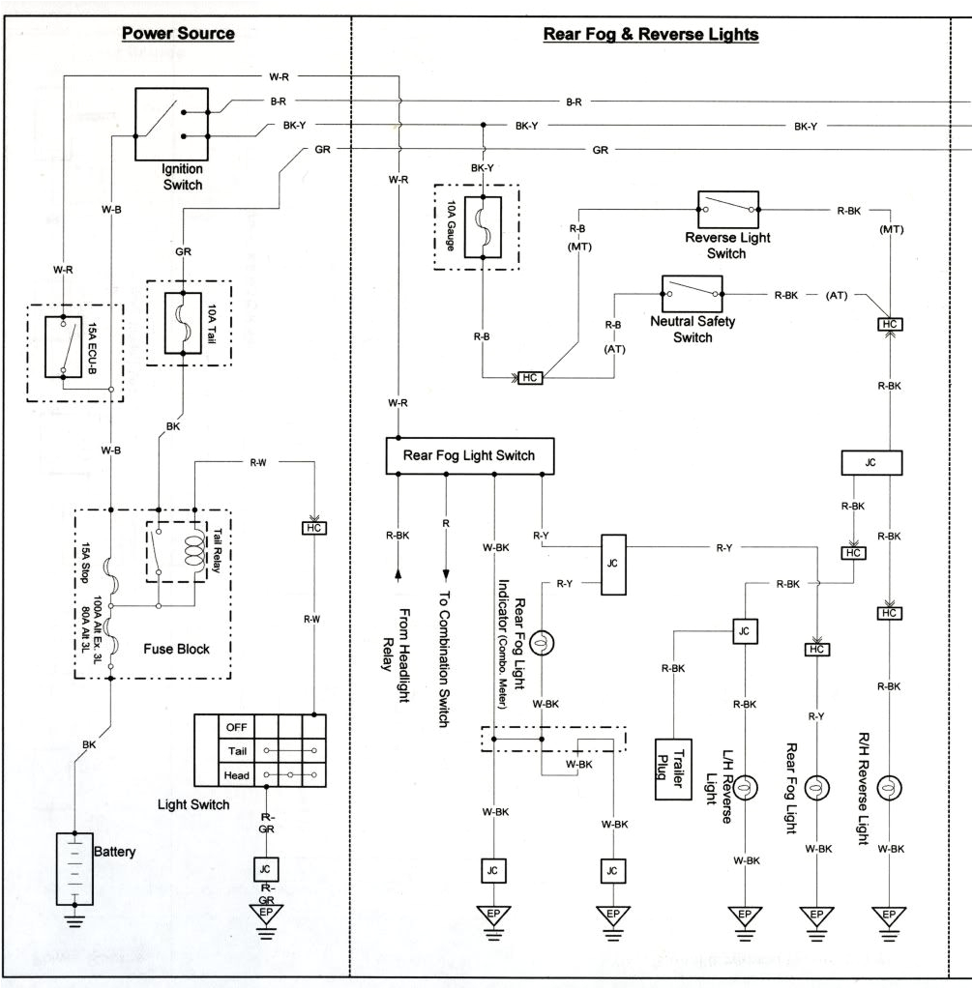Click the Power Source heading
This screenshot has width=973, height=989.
pyautogui.click(x=178, y=34)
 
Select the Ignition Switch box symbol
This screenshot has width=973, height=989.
pyautogui.click(x=170, y=123)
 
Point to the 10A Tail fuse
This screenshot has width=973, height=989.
pyautogui.click(x=181, y=322)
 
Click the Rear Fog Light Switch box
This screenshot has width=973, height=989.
pyautogui.click(x=470, y=455)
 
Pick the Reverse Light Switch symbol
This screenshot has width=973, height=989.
pyautogui.click(x=727, y=209)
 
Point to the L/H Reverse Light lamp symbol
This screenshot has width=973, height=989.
pyautogui.click(x=745, y=789)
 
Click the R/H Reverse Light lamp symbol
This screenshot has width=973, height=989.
pyautogui.click(x=886, y=789)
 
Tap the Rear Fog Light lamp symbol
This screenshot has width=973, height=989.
pyautogui.click(x=816, y=789)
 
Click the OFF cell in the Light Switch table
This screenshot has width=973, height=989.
pyautogui.click(x=236, y=726)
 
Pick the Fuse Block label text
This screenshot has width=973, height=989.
pyautogui.click(x=175, y=649)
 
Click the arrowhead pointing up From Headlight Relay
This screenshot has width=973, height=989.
pyautogui.click(x=398, y=576)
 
